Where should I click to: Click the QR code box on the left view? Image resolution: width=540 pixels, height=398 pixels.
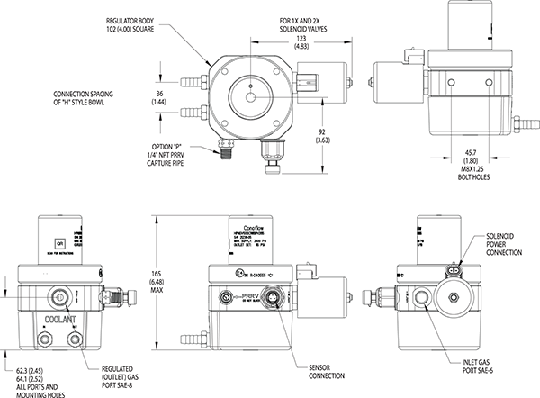coord(59,243)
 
